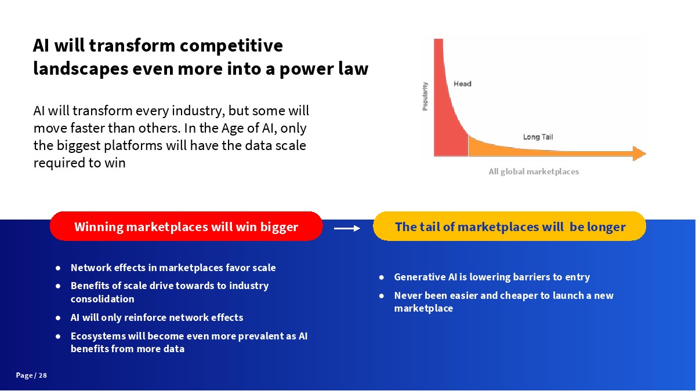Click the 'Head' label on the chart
462,84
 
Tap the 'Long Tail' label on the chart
538,137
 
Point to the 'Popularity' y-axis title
425,96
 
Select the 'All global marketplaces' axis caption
534,171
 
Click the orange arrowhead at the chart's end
639,154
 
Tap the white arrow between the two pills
347,229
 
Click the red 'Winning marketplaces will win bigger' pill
186,226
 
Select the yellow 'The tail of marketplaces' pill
510,226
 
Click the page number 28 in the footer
43,375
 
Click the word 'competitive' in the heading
231,46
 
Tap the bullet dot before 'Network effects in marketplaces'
58,268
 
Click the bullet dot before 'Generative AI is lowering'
382,277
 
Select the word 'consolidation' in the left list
103,299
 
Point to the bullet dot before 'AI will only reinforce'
58,318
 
